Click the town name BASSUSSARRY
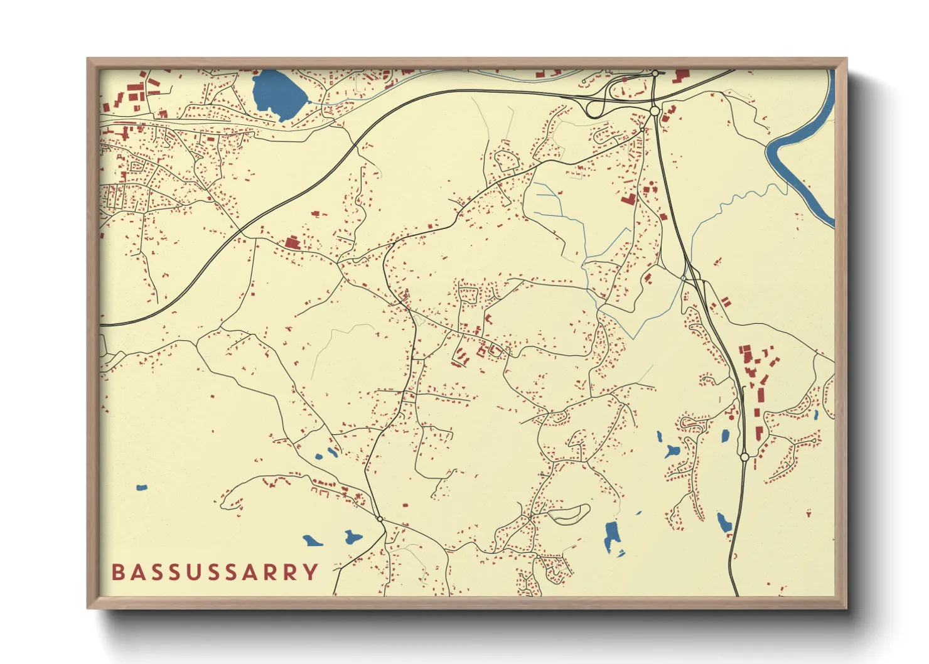click(215, 572)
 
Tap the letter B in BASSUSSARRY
click(117, 572)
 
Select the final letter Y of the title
click(310, 572)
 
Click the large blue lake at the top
click(277, 94)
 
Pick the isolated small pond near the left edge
click(142, 487)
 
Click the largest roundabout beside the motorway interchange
click(655, 111)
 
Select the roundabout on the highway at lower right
click(744, 458)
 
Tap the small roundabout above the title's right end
click(380, 519)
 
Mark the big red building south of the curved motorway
click(291, 242)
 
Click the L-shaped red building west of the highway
click(628, 200)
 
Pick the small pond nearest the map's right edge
click(815, 414)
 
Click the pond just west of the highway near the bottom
click(724, 522)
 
